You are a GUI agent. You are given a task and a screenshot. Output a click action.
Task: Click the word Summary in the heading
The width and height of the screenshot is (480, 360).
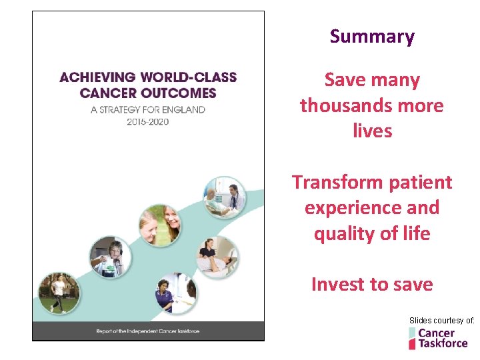[x=372, y=37]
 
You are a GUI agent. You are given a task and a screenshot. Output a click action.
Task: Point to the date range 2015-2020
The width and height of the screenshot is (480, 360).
[x=147, y=121]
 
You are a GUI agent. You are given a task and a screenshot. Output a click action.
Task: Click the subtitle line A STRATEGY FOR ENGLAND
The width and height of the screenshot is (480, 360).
[x=147, y=109]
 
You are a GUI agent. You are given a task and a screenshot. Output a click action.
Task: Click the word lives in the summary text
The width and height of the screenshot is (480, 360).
[x=372, y=131]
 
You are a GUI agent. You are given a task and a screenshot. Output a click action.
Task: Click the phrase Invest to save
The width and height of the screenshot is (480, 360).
[x=372, y=285]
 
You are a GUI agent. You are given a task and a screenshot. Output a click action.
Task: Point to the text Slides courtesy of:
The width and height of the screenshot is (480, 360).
[x=441, y=321]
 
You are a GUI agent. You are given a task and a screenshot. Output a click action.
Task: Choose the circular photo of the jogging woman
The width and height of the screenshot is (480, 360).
[x=58, y=292]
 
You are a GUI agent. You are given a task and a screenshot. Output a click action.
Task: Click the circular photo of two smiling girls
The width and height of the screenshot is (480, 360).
[x=160, y=225]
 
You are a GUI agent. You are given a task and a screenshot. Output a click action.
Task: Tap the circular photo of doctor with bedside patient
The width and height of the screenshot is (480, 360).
[x=225, y=197]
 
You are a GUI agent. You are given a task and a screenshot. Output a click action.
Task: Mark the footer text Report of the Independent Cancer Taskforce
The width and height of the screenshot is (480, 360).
[x=147, y=331]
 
